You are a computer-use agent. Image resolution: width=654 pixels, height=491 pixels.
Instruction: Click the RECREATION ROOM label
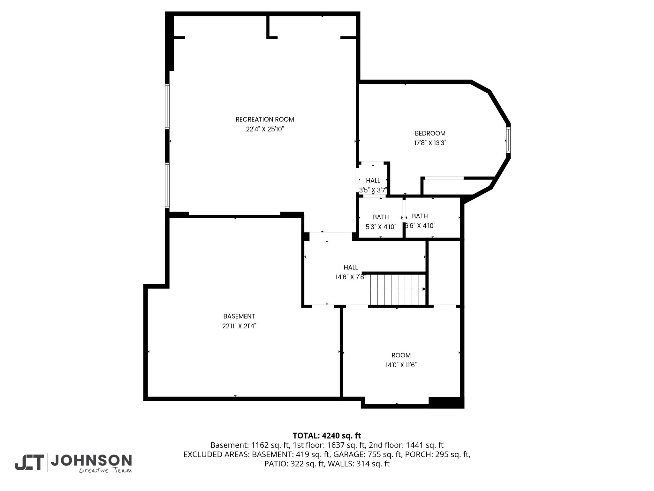(x=265, y=120)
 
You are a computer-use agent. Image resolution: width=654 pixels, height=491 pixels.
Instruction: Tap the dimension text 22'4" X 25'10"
(x=265, y=129)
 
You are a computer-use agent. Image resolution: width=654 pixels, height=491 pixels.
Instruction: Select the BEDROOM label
(x=430, y=133)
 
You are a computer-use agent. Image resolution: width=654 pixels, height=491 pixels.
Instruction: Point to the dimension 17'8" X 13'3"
(x=430, y=143)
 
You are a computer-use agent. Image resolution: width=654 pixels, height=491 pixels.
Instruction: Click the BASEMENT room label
(x=239, y=316)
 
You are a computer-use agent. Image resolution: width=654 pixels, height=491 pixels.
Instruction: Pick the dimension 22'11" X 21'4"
(x=239, y=326)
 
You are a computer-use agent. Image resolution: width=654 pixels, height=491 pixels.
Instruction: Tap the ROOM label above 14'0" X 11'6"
(x=401, y=355)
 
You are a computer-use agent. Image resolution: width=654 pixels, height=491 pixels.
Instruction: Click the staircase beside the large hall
(x=398, y=289)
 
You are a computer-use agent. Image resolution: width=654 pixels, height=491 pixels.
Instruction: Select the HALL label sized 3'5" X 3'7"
(x=373, y=181)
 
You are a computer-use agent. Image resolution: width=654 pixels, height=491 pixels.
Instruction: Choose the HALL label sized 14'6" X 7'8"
(x=351, y=268)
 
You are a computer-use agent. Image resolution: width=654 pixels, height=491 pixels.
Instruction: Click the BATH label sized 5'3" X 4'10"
(x=381, y=217)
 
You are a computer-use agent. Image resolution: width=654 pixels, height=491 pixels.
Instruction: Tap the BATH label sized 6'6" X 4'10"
(x=420, y=216)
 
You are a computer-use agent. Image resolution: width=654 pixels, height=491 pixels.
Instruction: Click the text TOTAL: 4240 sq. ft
(x=327, y=436)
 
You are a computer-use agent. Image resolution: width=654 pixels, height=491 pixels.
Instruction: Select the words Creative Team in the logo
(x=105, y=470)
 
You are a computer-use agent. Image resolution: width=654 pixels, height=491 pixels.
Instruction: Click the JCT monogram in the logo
(x=29, y=463)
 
